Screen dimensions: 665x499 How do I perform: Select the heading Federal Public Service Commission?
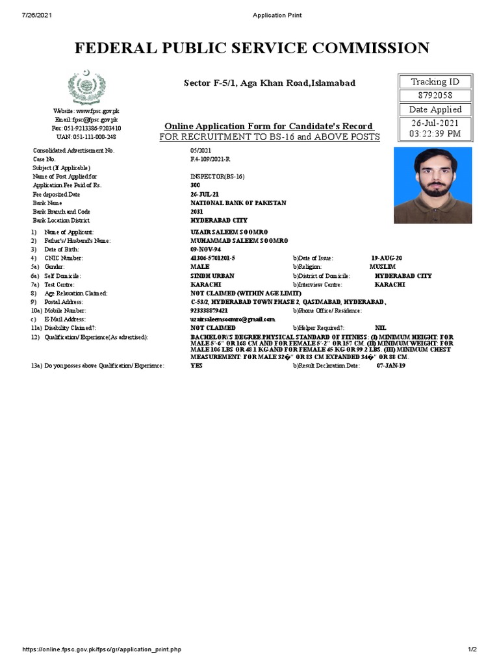(252, 48)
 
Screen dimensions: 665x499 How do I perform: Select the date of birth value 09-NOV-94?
(205, 249)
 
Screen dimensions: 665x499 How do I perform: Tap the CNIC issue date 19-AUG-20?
(387, 258)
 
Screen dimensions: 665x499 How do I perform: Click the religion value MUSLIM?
(382, 267)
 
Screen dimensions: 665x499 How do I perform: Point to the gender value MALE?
(199, 267)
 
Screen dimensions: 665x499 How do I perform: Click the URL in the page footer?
(102, 649)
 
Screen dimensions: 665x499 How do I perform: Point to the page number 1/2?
(472, 649)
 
